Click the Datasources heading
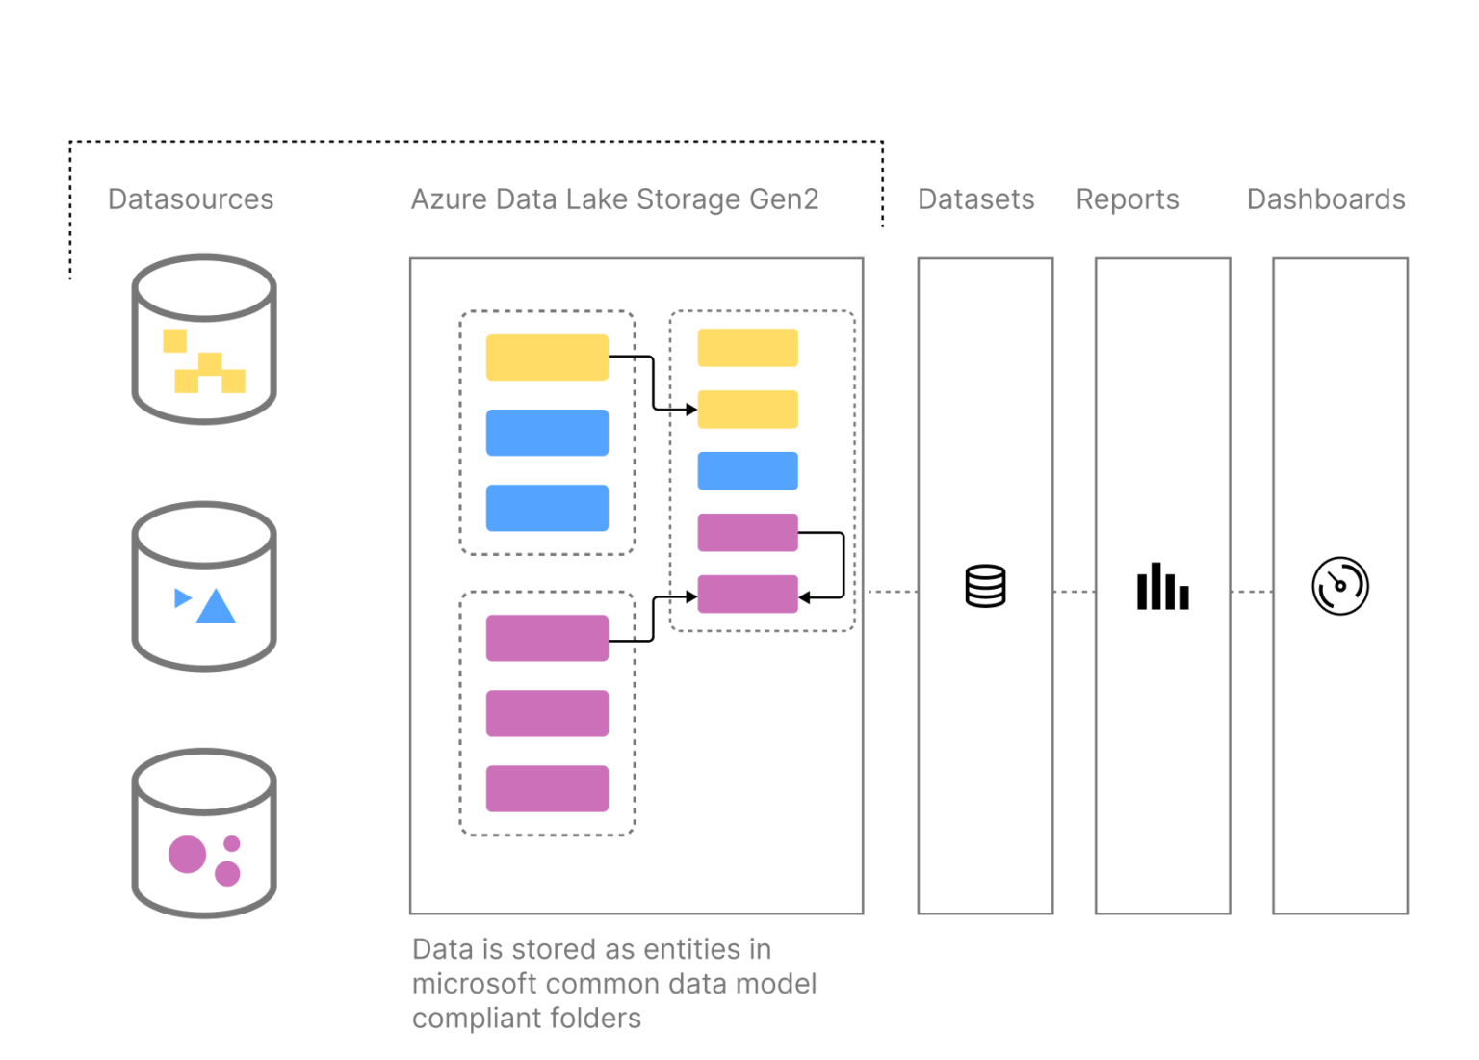[191, 199]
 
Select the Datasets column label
[975, 199]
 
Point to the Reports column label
[1127, 199]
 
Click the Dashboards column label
[1325, 199]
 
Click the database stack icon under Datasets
[985, 586]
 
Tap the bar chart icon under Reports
[1162, 587]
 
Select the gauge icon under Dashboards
[1339, 586]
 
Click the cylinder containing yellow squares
[204, 339]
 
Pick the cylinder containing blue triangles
[204, 586]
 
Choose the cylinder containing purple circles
[204, 833]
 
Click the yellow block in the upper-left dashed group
[547, 358]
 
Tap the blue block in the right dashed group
[747, 471]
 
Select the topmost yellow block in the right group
[747, 348]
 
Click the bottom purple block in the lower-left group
[547, 788]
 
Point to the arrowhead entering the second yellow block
[690, 410]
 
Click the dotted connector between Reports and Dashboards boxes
[1251, 592]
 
